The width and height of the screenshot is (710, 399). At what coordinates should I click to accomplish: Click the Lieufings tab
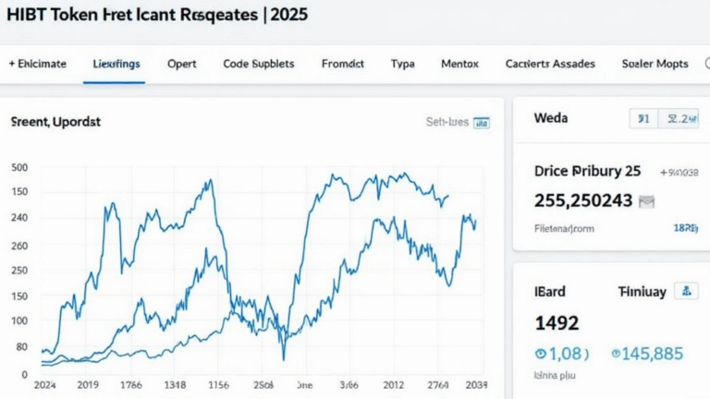[116, 64]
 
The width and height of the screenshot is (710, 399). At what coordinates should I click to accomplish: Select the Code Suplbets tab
[259, 64]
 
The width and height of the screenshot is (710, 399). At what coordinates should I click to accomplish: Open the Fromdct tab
[342, 64]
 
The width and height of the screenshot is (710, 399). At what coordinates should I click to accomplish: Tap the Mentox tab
[459, 64]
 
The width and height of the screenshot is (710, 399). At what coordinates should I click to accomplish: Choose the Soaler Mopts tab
[655, 64]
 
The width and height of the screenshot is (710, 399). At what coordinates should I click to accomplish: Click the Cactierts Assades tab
[550, 64]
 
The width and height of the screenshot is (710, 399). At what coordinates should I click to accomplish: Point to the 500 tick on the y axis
[19, 167]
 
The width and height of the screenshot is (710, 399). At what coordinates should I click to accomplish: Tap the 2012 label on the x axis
[394, 384]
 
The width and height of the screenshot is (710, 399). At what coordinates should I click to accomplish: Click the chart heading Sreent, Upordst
[55, 121]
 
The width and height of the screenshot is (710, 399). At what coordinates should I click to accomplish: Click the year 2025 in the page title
[286, 16]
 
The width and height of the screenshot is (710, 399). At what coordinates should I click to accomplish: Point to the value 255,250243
[583, 199]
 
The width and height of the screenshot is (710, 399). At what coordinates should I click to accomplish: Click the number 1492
[557, 323]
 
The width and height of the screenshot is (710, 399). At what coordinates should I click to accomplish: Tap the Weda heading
[551, 118]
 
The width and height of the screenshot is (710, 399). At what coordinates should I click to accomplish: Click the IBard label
[550, 291]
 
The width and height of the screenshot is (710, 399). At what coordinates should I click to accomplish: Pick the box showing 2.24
[682, 118]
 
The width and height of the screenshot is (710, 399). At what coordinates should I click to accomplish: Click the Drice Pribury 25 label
[587, 171]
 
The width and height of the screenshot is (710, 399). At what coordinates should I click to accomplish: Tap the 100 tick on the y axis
[19, 320]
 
